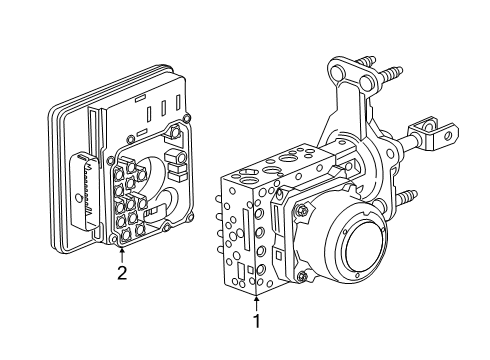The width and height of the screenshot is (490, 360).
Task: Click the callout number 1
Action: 256,323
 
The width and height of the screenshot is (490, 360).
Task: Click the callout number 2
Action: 121,271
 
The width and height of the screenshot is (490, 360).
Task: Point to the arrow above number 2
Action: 121,250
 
